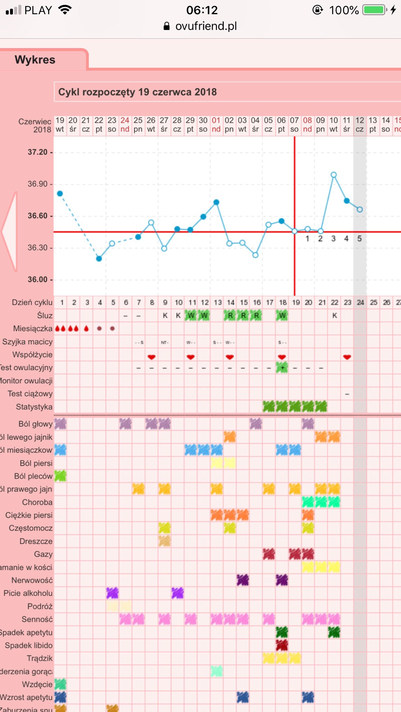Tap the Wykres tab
(x=35, y=60)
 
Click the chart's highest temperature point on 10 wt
(x=333, y=175)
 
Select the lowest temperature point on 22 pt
(x=99, y=259)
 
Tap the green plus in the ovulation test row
(x=282, y=368)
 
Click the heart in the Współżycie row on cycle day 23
(x=347, y=357)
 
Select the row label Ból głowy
(x=36, y=424)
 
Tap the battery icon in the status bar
(x=375, y=10)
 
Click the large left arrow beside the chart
(x=10, y=231)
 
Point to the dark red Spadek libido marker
(x=282, y=645)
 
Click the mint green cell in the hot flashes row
(x=217, y=671)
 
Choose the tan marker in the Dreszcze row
(x=165, y=541)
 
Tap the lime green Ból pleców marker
(x=60, y=476)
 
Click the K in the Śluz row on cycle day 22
(x=335, y=316)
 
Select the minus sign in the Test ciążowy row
(x=347, y=394)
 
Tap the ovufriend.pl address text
(x=206, y=26)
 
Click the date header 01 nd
(x=216, y=125)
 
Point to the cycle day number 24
(x=360, y=302)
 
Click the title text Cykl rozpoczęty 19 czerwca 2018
(x=137, y=92)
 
